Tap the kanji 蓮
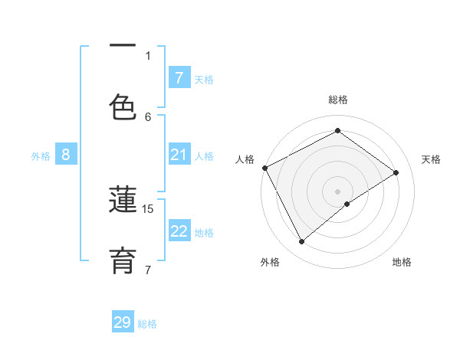tap(123, 201)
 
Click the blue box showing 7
tap(179, 77)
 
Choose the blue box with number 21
tap(179, 155)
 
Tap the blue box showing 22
tap(179, 232)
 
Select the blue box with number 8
tap(66, 155)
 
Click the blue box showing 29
tap(123, 322)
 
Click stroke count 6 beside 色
tap(148, 116)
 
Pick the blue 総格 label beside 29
tap(147, 324)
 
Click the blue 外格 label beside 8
tap(41, 156)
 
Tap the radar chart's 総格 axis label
tap(338, 100)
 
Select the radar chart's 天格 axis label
tap(431, 159)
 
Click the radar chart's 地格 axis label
tap(402, 262)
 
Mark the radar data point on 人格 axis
tap(264, 168)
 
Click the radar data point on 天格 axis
tap(396, 172)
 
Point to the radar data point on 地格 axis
tap(347, 204)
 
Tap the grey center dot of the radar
tap(338, 191)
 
